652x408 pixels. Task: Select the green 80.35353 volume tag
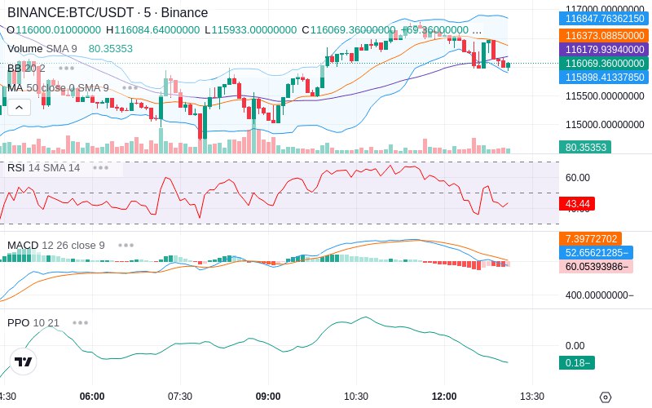coord(584,148)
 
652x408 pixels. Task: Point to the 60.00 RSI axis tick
coord(578,178)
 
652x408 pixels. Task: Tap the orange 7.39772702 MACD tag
coord(592,239)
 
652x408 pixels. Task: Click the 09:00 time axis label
coord(268,397)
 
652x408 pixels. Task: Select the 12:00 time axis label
coord(444,397)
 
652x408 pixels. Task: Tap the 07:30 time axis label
coord(180,397)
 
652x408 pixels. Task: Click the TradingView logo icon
coord(24,361)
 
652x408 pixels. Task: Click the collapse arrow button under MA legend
coord(19,106)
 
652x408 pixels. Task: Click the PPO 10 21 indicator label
coord(33,322)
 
